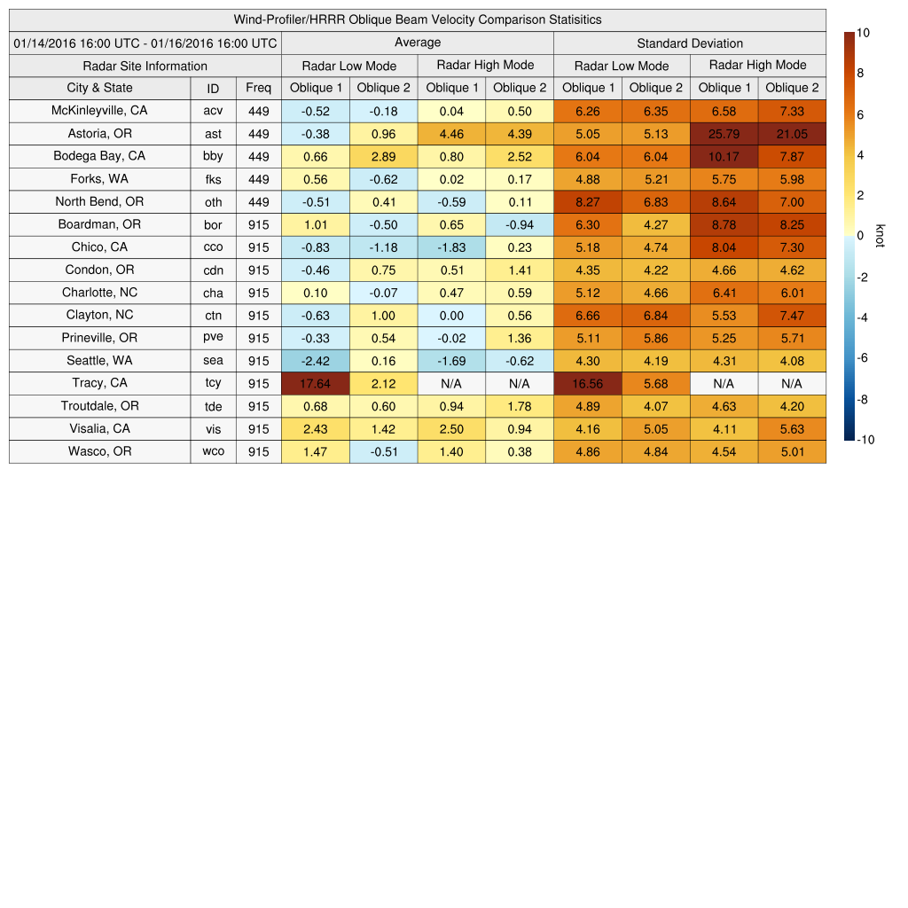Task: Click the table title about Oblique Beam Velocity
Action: (x=418, y=20)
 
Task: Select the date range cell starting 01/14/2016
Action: (x=145, y=43)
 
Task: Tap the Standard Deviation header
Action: (x=690, y=43)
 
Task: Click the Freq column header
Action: (x=259, y=88)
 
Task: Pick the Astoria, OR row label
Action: (x=99, y=134)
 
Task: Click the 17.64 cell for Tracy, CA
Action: (x=316, y=384)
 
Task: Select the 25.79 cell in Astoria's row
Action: (x=724, y=134)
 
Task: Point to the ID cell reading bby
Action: (x=213, y=157)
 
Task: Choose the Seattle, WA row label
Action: (x=99, y=361)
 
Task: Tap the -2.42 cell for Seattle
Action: (x=316, y=361)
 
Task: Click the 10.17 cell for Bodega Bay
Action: (x=724, y=157)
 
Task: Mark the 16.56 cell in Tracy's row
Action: (x=587, y=384)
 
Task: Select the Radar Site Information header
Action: (x=145, y=66)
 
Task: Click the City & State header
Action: (x=99, y=88)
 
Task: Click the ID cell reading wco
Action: (x=213, y=451)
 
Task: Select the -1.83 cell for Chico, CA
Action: (x=451, y=247)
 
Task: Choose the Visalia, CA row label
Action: (x=99, y=429)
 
